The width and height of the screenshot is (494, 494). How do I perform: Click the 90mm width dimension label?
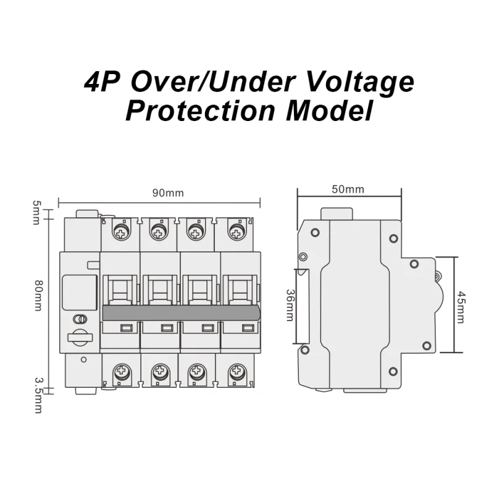(169, 193)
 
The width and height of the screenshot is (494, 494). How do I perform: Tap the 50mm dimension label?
(348, 190)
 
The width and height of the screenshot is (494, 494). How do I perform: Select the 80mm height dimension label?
(38, 295)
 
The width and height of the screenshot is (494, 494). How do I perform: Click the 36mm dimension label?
(290, 305)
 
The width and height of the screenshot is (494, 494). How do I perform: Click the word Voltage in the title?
(353, 82)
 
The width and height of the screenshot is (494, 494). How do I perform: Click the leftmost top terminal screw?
(120, 232)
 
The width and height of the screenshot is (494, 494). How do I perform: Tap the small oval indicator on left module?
(80, 319)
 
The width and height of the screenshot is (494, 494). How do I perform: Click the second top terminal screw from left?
(159, 232)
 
